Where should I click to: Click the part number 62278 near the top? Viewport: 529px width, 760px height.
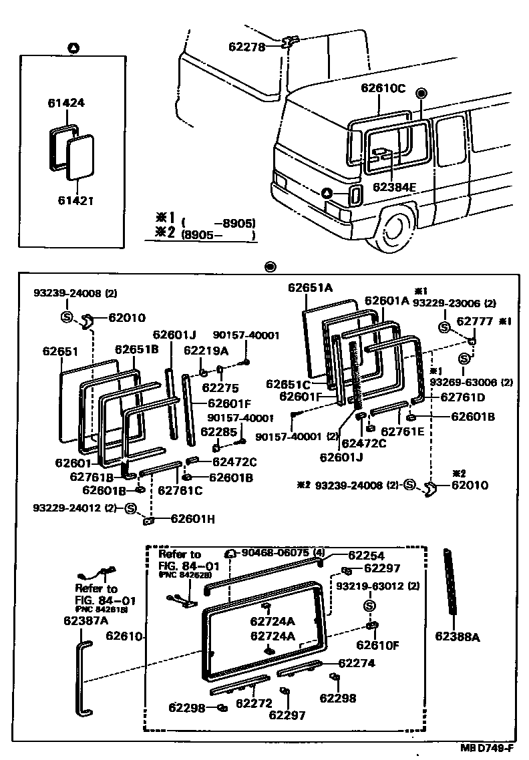[x=247, y=47]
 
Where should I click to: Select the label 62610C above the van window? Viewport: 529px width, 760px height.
[x=383, y=88]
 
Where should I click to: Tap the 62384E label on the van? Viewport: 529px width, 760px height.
[x=394, y=186]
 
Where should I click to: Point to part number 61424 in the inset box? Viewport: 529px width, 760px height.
[x=66, y=103]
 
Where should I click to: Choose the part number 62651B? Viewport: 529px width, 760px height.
[x=136, y=349]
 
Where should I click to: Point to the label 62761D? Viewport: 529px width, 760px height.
[x=462, y=397]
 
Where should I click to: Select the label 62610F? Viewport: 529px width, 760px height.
[x=377, y=645]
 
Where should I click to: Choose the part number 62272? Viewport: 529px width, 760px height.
[x=254, y=703]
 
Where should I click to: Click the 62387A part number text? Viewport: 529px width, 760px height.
[x=86, y=620]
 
